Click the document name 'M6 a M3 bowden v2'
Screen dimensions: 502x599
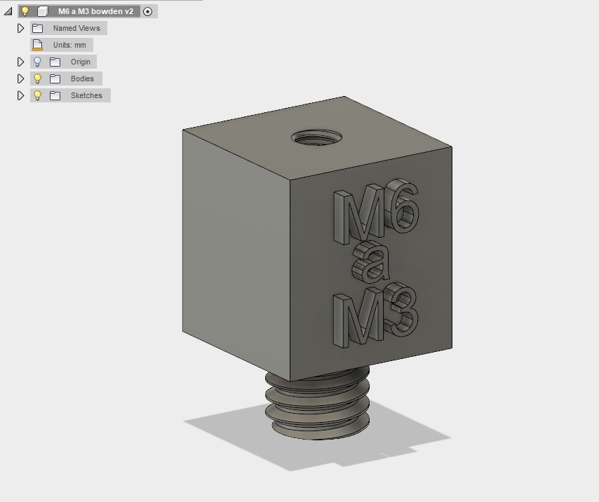click(95, 11)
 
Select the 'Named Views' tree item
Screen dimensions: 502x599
click(76, 28)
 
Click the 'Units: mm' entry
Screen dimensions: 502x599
click(69, 45)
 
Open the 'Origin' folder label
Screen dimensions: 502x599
click(80, 62)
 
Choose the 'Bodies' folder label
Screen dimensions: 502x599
click(81, 79)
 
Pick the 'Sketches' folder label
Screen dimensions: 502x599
click(86, 95)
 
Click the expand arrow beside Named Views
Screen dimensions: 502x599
click(21, 28)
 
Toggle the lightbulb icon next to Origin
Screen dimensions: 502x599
click(38, 62)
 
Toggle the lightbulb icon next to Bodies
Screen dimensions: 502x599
click(38, 79)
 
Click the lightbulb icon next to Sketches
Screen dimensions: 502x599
click(38, 95)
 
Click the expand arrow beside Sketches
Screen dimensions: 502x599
click(21, 95)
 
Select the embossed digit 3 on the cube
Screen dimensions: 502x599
click(403, 309)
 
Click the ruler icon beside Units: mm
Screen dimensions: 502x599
click(38, 45)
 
